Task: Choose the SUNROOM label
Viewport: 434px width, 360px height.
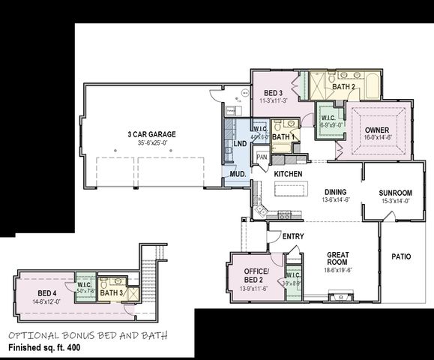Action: click(397, 193)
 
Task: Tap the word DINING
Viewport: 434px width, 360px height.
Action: click(336, 191)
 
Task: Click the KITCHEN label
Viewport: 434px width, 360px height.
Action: click(288, 174)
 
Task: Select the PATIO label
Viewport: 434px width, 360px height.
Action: click(401, 256)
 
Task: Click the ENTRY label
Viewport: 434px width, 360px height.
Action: click(293, 237)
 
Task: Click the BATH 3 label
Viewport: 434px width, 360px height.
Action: click(110, 292)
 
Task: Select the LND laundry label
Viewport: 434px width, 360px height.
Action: click(240, 143)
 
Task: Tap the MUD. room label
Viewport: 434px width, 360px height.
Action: click(238, 174)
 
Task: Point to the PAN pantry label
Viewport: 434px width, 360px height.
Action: click(262, 157)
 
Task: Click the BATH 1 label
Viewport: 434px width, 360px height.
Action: click(281, 137)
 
